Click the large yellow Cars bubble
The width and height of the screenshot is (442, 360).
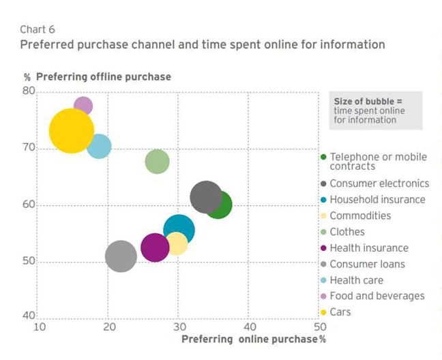[71, 131]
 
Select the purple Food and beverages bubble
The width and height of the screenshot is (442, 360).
[83, 106]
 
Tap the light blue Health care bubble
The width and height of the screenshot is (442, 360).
[99, 146]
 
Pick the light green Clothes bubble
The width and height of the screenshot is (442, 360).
[157, 162]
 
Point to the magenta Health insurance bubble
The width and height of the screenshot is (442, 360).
[155, 247]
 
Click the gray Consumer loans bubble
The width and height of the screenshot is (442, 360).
[121, 256]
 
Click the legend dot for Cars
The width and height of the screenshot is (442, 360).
[323, 312]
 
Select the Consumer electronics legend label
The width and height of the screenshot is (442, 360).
[379, 183]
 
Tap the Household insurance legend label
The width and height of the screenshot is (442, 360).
[377, 200]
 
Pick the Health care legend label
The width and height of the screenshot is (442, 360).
[356, 280]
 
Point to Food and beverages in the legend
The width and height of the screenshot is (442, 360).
[377, 296]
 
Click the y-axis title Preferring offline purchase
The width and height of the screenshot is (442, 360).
[103, 77]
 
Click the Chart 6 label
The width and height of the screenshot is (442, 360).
[38, 29]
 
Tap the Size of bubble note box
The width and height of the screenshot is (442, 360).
[375, 110]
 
